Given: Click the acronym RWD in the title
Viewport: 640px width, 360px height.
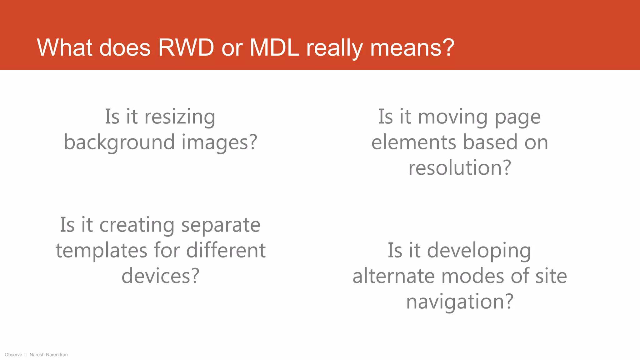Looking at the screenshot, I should pos(186,47).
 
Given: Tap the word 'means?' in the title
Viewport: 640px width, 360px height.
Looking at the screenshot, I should pos(412,47).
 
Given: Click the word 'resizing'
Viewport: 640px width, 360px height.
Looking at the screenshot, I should pos(180,117).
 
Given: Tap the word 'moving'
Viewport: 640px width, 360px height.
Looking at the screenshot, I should pos(452,117).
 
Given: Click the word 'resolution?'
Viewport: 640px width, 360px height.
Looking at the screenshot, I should pos(460,168).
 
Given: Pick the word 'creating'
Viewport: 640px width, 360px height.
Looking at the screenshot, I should pos(137,225).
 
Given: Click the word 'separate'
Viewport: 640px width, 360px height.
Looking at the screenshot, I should pos(221,225).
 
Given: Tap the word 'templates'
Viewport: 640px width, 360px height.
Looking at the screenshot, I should pos(101,251).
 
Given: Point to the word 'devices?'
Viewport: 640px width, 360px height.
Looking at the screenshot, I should pos(160,276).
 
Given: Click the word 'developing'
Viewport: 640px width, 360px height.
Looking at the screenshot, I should pos(479,251).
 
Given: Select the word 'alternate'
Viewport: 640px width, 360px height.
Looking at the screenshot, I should pos(393,276).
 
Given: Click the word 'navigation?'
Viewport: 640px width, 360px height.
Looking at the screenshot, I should pos(460,302).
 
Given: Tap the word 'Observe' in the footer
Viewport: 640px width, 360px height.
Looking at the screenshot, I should pos(13,355).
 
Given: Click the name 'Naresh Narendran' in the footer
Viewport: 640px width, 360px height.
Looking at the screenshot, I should pos(48,355).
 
